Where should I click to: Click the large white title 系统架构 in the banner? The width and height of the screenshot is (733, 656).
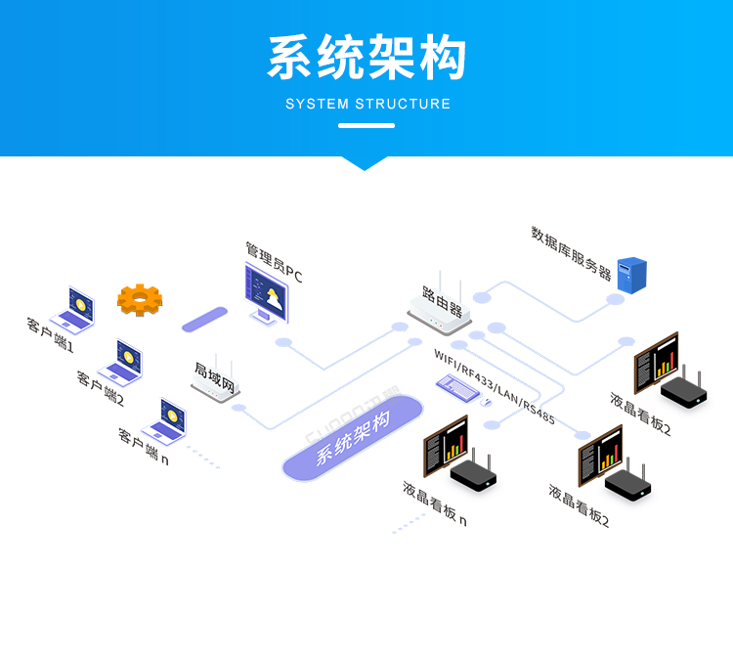pyautogui.click(x=366, y=59)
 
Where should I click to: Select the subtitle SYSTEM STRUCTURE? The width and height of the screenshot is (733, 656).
pyautogui.click(x=367, y=104)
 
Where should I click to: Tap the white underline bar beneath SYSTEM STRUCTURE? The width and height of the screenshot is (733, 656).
pyautogui.click(x=366, y=125)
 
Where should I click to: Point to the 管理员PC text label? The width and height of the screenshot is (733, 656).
pyautogui.click(x=274, y=264)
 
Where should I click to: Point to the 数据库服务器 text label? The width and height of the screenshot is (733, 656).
pyautogui.click(x=571, y=252)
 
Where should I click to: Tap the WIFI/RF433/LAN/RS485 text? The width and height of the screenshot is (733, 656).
pyautogui.click(x=495, y=384)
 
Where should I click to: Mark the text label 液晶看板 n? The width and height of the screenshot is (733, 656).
pyautogui.click(x=434, y=504)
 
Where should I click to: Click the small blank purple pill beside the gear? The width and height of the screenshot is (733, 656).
pyautogui.click(x=204, y=319)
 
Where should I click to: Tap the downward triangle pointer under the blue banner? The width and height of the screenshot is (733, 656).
pyautogui.click(x=366, y=162)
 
